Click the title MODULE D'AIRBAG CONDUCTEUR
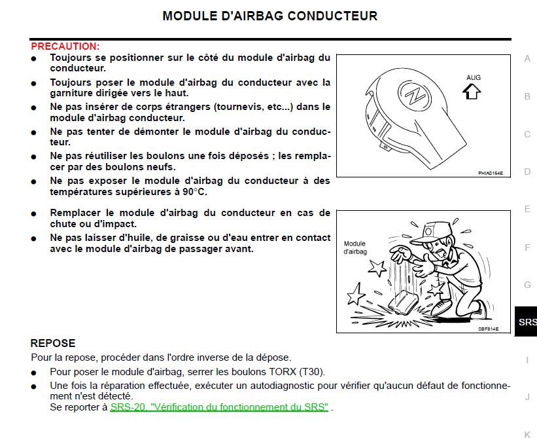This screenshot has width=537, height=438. point(269,16)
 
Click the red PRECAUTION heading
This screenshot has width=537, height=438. point(65,46)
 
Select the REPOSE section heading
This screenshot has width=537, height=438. point(53,343)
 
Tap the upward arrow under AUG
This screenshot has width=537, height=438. point(471,92)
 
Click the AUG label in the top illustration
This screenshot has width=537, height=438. point(473,78)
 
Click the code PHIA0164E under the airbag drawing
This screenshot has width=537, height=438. point(490,173)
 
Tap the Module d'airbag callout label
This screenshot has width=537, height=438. point(355,247)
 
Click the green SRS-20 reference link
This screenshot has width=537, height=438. point(219,407)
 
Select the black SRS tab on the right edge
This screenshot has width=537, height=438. point(527,322)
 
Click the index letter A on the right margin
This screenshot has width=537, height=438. point(527,58)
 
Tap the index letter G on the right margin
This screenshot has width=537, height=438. point(527,285)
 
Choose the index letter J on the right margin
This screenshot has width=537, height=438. point(527,397)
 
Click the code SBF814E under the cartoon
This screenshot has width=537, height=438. point(488,329)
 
